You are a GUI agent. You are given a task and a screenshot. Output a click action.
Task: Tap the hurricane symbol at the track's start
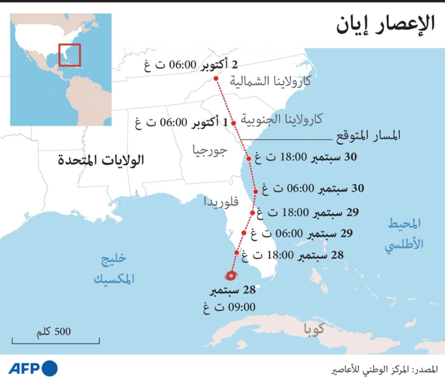[231, 276]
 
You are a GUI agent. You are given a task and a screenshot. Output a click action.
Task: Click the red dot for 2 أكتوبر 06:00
[216, 79]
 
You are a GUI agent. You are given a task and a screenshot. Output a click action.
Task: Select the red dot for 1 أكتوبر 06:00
[233, 123]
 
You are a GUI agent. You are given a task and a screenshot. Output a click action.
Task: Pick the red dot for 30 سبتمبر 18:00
[249, 158]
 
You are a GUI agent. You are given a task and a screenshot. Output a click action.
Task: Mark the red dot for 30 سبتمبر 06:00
[255, 191]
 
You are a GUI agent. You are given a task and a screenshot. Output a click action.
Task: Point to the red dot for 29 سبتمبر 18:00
[252, 213]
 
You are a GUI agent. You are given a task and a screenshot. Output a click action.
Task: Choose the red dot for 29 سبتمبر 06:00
[244, 233]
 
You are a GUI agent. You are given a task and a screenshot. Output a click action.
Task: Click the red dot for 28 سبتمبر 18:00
[237, 252]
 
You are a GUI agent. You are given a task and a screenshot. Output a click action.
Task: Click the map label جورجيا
[210, 150]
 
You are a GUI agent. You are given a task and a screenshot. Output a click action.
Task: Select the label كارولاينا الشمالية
[271, 81]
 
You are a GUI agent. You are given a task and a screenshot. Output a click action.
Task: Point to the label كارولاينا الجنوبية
[282, 119]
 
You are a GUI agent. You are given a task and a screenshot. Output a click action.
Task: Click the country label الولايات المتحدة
[101, 160]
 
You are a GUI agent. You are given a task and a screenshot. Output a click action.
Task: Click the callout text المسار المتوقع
[367, 136]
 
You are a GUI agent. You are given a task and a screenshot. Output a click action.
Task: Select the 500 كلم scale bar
[56, 340]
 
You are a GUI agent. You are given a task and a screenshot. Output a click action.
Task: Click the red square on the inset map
[69, 55]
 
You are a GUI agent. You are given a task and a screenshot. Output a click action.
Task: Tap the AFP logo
[33, 368]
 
